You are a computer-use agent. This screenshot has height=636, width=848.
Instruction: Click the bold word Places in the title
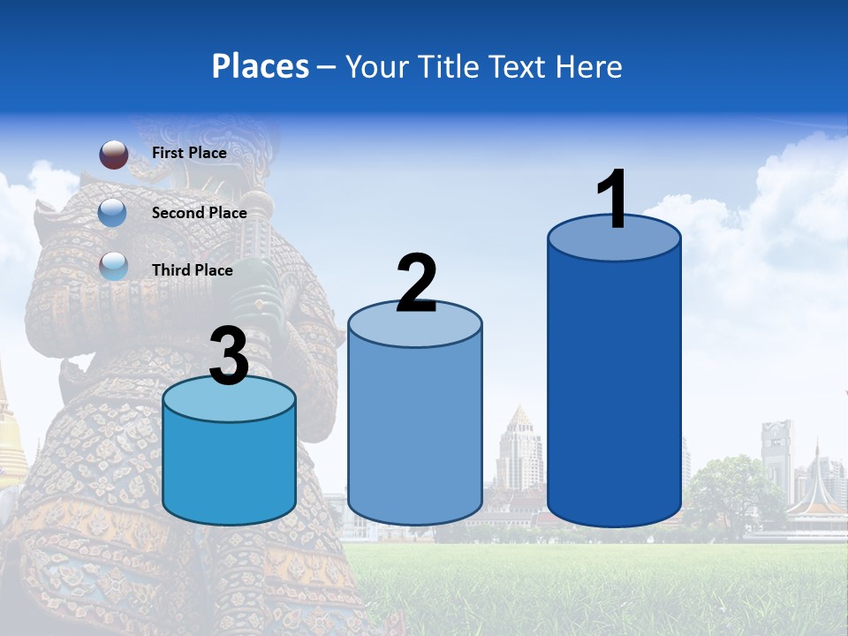click(261, 66)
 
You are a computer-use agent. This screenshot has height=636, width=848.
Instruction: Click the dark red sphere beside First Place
click(114, 155)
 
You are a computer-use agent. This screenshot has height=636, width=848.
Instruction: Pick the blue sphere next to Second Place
click(114, 212)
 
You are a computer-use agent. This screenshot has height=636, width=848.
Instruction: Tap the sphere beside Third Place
click(114, 266)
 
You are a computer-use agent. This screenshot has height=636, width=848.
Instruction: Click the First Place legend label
click(189, 153)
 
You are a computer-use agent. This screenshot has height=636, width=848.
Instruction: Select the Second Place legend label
click(199, 213)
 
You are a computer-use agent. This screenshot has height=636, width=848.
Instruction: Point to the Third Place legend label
click(192, 270)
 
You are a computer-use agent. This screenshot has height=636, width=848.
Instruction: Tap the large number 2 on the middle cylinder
click(416, 284)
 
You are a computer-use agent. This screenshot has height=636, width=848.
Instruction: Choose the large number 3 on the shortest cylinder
click(229, 357)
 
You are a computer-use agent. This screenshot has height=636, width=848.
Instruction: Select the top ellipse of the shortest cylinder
click(229, 400)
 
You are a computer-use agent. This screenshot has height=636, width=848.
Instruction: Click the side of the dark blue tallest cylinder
click(614, 389)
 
